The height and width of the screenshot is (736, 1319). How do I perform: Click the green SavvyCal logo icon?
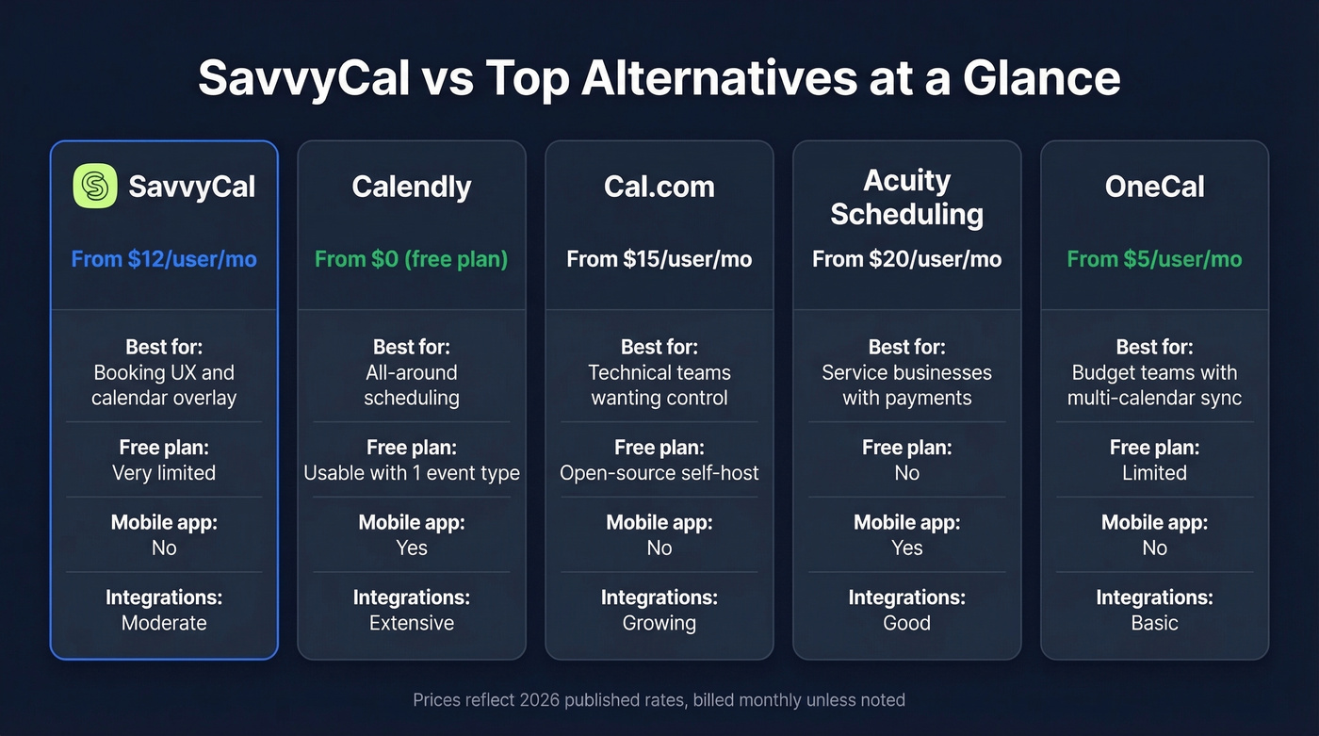95,186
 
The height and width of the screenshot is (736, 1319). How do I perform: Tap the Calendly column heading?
411,187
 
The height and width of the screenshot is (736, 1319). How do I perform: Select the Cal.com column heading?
659,187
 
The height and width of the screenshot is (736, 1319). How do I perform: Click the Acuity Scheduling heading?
906,197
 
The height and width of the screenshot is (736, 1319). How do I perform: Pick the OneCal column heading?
1154,187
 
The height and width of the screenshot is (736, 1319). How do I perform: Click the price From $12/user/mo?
164,259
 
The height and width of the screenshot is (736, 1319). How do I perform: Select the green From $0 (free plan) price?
411,259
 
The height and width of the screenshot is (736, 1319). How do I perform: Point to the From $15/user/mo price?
659,259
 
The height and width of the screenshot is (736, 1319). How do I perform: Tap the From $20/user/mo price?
906,259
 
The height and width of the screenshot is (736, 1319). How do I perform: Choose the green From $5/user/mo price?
1154,259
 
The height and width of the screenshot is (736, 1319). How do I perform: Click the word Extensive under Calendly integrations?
411,623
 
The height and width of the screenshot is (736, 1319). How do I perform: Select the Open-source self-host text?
659,473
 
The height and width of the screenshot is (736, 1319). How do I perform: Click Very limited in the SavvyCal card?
164,473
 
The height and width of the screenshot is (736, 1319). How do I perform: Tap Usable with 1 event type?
411,473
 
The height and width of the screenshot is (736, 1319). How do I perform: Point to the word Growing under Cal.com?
659,623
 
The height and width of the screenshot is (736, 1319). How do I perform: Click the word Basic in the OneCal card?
1154,623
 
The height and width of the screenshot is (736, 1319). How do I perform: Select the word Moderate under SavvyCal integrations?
164,623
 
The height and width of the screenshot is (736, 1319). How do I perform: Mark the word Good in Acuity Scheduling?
906,623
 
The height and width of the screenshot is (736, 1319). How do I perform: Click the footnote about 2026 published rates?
659,700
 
